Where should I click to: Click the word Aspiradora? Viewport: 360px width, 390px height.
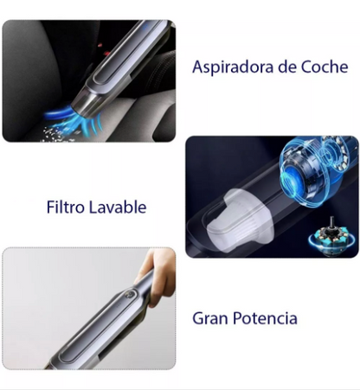click(233, 67)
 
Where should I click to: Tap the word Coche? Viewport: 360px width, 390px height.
click(325, 67)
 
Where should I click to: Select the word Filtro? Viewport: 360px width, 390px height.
click(65, 207)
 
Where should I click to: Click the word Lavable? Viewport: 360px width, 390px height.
click(117, 207)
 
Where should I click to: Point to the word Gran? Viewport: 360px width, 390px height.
click(210, 318)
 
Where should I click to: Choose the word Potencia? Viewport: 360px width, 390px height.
click(265, 318)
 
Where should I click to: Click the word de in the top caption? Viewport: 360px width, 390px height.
click(287, 67)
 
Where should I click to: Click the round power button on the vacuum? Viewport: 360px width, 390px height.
click(130, 295)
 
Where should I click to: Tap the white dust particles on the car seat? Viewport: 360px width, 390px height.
click(56, 135)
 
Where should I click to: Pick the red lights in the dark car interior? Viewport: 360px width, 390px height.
click(103, 49)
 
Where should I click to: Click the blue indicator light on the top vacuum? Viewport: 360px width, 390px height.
click(145, 27)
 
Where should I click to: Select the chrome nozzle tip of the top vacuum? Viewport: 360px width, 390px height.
click(87, 103)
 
